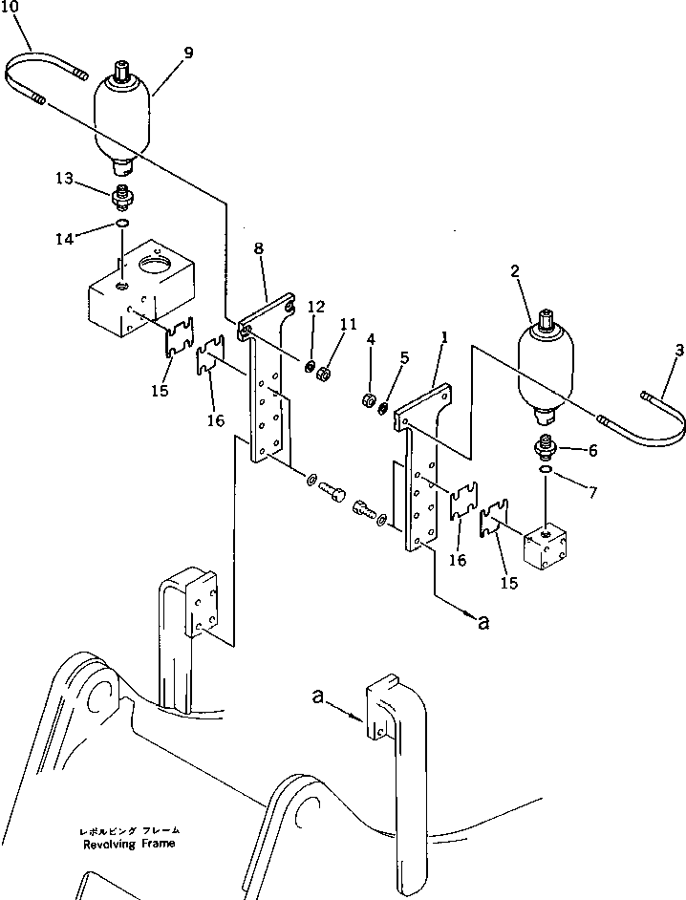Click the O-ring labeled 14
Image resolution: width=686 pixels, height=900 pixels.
click(x=120, y=225)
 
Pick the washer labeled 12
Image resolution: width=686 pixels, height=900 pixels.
click(x=311, y=366)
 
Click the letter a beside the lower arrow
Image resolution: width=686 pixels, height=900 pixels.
click(x=484, y=623)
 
